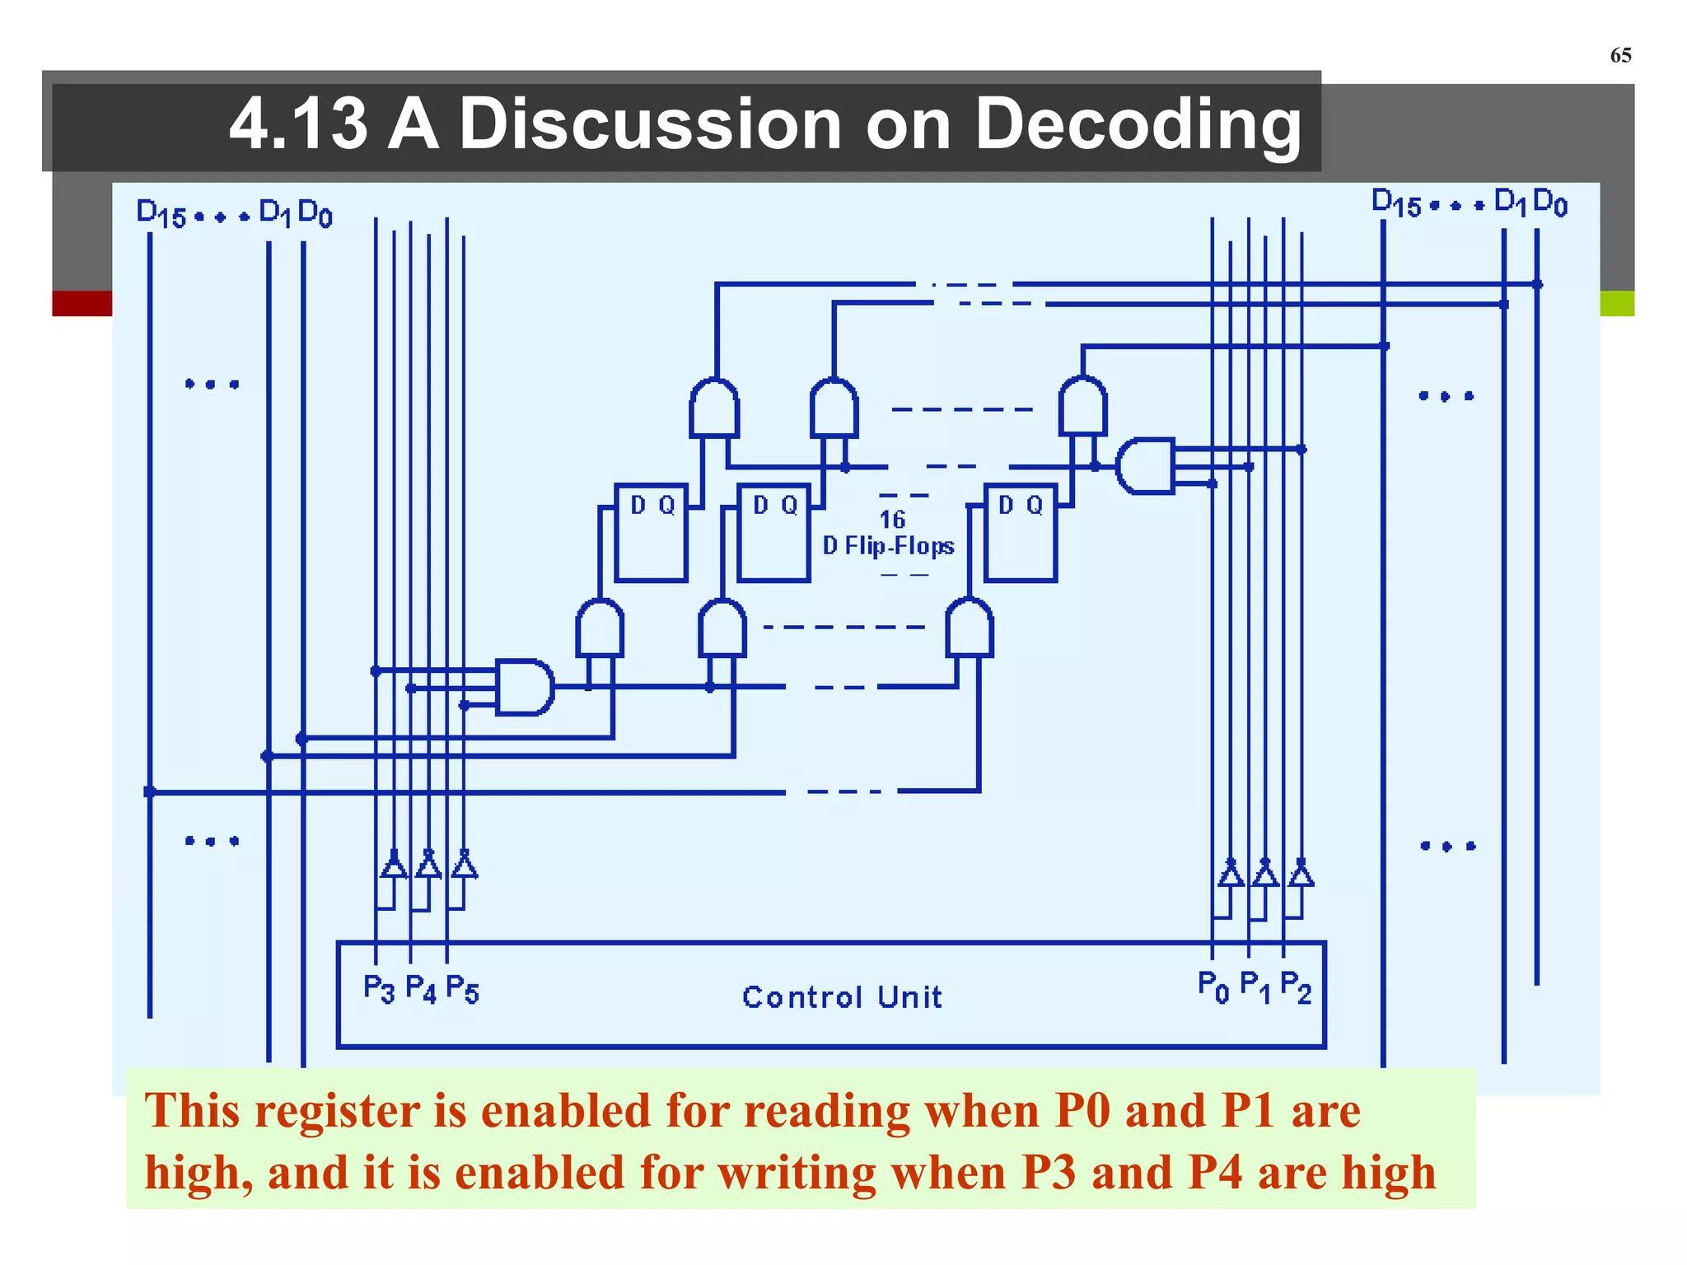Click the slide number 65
click(x=1619, y=55)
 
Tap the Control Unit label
click(x=842, y=997)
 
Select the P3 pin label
click(x=379, y=987)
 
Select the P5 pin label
click(x=461, y=988)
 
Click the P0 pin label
click(x=1213, y=986)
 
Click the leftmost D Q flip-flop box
click(x=651, y=533)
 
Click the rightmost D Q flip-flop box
click(x=1020, y=533)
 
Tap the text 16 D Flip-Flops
click(x=890, y=534)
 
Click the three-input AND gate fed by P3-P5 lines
click(x=524, y=687)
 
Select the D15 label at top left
click(x=161, y=214)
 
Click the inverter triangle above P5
click(x=465, y=866)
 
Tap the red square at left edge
click(x=82, y=303)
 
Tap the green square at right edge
click(x=1617, y=303)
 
